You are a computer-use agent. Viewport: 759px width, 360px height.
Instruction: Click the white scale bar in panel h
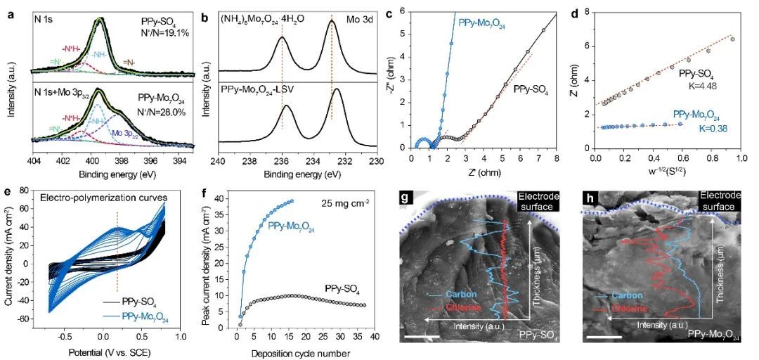[599, 339]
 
